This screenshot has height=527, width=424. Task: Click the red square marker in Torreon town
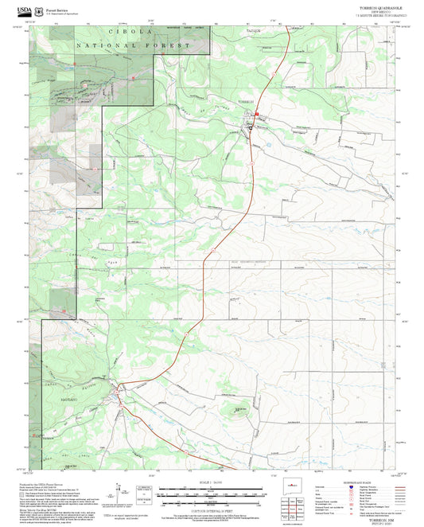tap(256, 114)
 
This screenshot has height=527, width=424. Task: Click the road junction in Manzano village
tap(119, 388)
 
